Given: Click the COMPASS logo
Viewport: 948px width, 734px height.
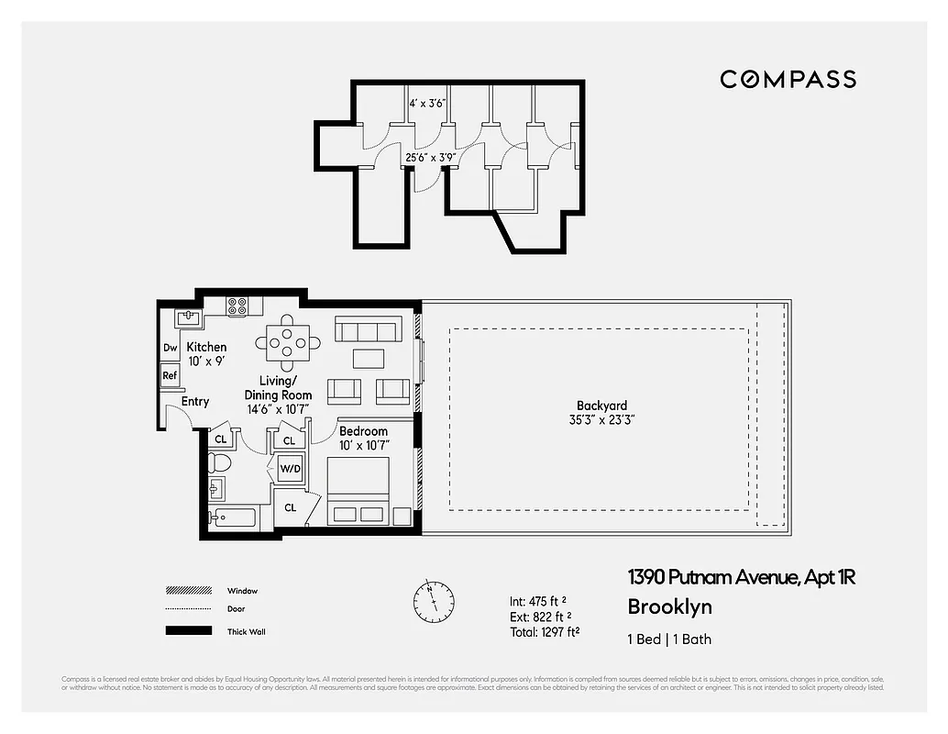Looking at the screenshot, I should pos(788,79).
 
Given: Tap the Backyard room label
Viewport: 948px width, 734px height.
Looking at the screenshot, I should pos(601,412).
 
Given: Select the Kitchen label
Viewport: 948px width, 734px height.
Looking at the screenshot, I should pos(206,353).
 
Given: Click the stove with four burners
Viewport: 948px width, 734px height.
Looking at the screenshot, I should pos(237,307).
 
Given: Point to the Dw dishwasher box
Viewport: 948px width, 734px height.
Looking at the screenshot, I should pos(171,348).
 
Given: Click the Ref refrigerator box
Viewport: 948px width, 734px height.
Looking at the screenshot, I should pos(170,375).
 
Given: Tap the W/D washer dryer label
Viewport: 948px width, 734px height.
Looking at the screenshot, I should pos(290,470).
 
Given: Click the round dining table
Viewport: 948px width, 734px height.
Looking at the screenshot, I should pos(288,342).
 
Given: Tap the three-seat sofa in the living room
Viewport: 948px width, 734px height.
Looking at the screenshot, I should pos(368,328).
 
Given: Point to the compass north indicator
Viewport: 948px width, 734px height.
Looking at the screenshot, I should pos(433,600).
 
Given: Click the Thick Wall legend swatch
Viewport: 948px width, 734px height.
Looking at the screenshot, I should pos(187,631).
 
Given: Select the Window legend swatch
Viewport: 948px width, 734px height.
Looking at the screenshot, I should pos(187,591).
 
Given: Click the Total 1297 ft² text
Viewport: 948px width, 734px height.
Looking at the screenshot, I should pos(545,632).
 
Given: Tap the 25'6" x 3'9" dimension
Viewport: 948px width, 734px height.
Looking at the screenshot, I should pos(431,158).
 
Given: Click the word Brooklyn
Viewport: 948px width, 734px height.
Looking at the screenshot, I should pos(669,606).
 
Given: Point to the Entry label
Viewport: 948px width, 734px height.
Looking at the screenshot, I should pos(195,401).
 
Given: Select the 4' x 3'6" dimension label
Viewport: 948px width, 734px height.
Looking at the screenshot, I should pos(426,104).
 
